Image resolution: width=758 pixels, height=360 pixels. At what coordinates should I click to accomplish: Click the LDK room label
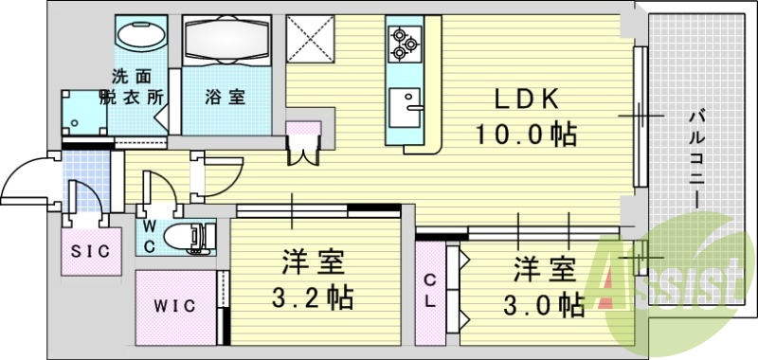tap(527, 99)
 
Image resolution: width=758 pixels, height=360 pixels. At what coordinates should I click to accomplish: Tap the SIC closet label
tap(91, 251)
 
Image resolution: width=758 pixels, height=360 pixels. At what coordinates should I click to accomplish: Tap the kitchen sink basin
tap(410, 102)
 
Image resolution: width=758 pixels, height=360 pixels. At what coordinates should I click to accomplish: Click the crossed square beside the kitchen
tap(311, 38)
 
